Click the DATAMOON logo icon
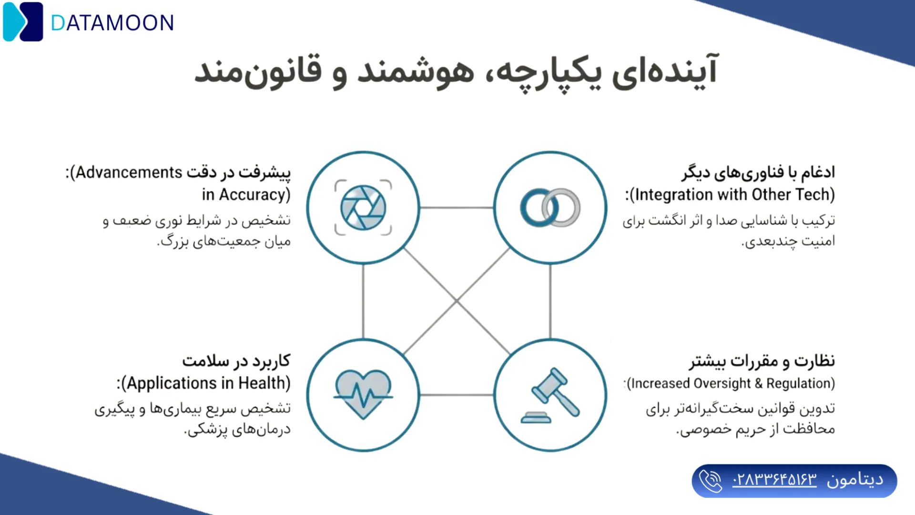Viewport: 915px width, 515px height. tap(23, 22)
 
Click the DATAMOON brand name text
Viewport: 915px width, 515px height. tap(112, 23)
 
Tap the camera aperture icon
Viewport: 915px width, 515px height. tap(363, 207)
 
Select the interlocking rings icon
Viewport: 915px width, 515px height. tap(550, 207)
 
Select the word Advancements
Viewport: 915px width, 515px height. tap(129, 172)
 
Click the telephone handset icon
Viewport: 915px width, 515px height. tap(711, 481)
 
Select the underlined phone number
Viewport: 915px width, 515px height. tap(774, 480)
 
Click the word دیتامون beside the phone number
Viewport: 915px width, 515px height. tap(855, 480)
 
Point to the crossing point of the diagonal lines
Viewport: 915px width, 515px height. tap(457, 301)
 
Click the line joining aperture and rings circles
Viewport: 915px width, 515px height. tap(457, 207)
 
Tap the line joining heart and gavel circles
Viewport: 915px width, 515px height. tap(457, 395)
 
